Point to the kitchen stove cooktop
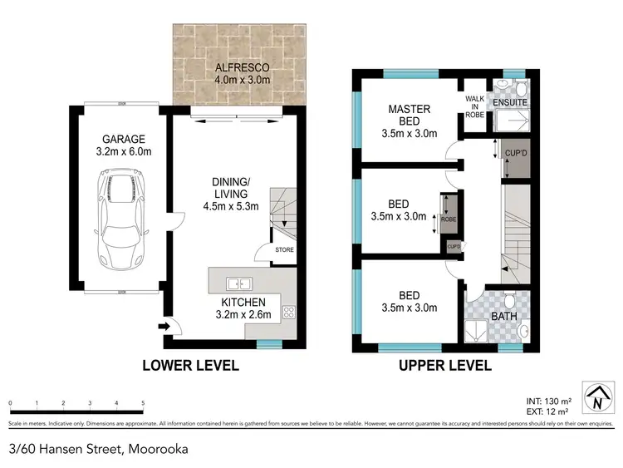click(x=290, y=313)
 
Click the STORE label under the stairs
click(x=284, y=249)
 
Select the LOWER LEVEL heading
click(x=190, y=365)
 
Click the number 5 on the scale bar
click(x=144, y=403)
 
